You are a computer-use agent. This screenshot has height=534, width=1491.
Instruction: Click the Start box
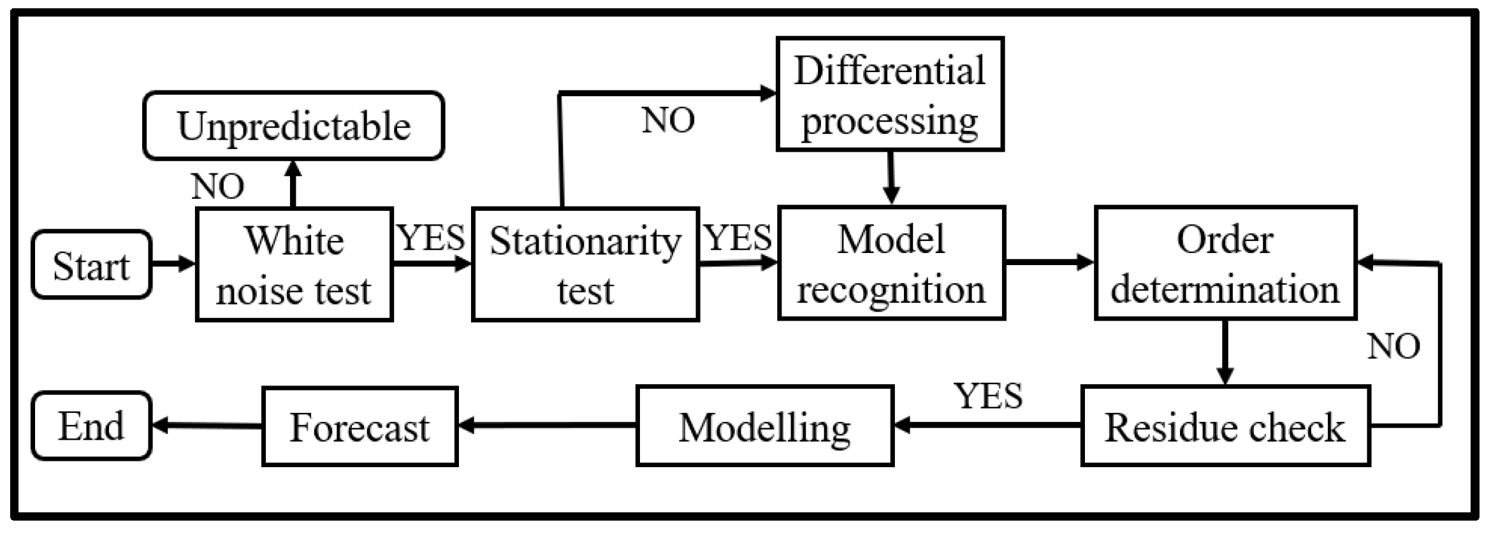coord(92,264)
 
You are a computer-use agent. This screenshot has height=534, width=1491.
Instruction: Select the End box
coord(92,425)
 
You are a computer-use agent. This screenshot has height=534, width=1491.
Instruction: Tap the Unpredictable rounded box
coord(293,126)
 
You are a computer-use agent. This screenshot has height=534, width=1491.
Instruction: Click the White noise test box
coord(293,264)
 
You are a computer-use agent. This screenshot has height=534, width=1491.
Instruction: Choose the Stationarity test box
coord(585,264)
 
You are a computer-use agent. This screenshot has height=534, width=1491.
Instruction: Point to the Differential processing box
coord(890,94)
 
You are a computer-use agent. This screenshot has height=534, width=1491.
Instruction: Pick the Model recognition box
coord(891,263)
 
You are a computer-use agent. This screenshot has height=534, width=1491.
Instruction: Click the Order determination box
coord(1225,263)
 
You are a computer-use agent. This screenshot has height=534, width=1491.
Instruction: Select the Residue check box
coord(1225,426)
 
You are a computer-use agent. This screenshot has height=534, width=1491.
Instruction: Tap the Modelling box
coord(764,426)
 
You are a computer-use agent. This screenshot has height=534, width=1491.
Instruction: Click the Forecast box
coord(360,426)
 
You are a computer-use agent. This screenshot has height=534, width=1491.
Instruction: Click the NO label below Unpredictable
coord(217,187)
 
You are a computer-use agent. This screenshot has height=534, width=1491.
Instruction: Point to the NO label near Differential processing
coord(668,120)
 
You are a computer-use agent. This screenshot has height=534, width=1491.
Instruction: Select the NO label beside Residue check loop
coord(1393,346)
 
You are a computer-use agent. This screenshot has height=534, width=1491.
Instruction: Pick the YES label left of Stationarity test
coord(431,238)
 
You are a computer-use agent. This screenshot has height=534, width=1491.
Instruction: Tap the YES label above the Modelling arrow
coord(988,396)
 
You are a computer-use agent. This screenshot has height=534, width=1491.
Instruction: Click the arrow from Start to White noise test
coord(173,263)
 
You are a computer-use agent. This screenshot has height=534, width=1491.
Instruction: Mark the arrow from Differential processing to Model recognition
coord(891,178)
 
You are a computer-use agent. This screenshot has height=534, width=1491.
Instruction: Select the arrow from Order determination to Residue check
coord(1225,352)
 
